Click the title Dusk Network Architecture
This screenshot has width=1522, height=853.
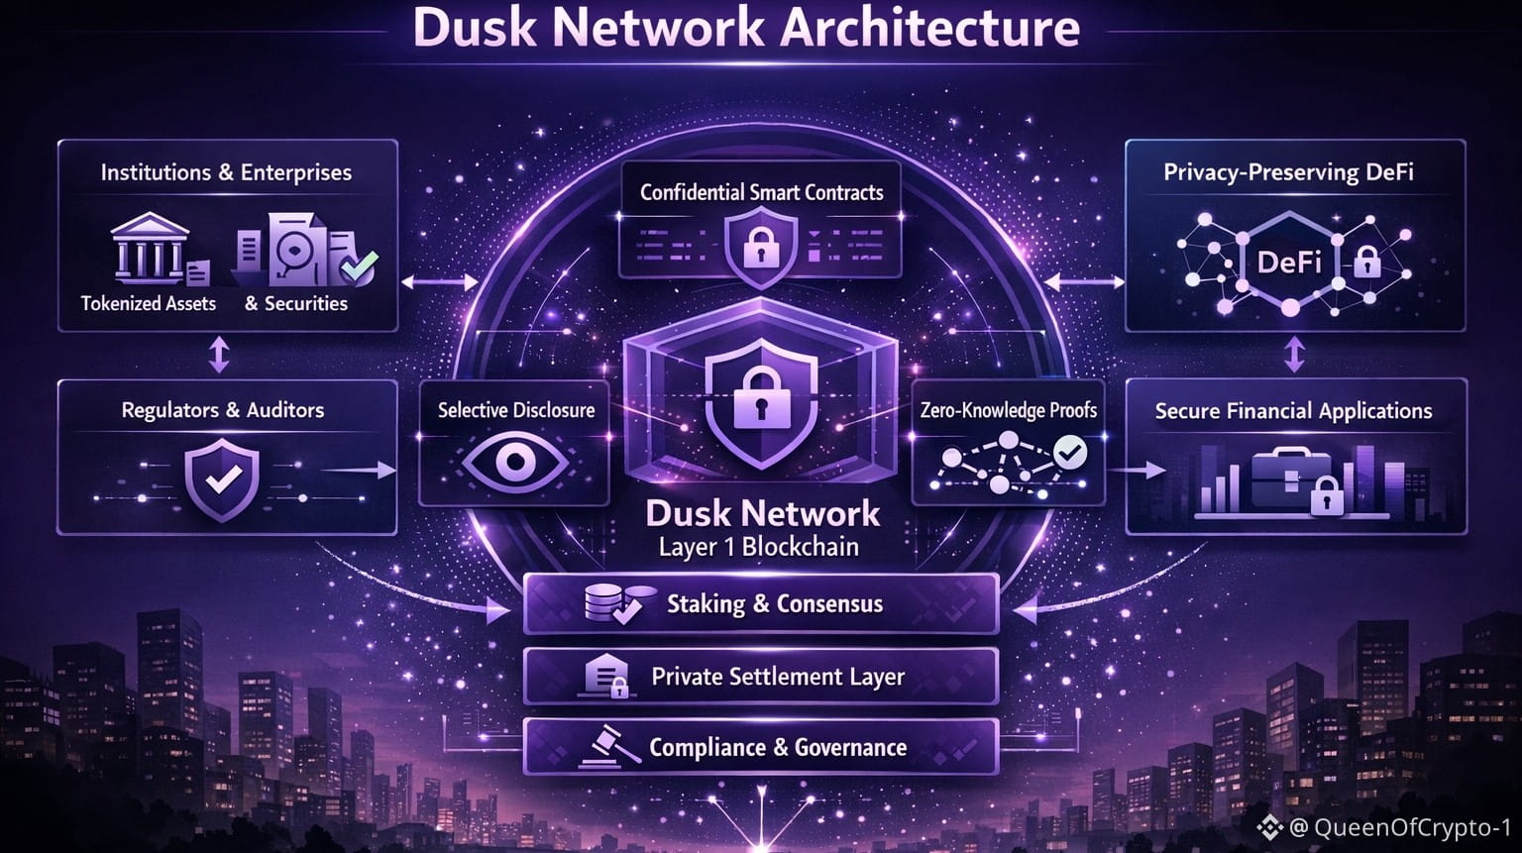point(746,28)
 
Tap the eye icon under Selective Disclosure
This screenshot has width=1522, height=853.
point(514,462)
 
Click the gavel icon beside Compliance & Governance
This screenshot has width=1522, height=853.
point(606,747)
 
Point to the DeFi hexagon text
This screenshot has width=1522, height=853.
point(1289,263)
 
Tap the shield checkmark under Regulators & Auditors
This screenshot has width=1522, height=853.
point(223,480)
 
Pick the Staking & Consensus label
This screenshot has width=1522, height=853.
point(774,603)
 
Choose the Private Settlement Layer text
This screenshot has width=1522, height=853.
point(777,677)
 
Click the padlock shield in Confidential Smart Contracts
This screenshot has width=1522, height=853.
point(760,245)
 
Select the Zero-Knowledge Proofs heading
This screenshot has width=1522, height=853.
point(1008,410)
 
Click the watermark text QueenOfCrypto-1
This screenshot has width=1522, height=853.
point(1411,827)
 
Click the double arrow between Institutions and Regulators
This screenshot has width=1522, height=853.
point(219,355)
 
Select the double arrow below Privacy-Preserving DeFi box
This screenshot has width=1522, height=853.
point(1294,354)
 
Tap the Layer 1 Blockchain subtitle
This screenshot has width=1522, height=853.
point(759,547)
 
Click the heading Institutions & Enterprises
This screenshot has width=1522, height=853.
point(226,172)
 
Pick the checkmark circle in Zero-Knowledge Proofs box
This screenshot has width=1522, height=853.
point(1069,453)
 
